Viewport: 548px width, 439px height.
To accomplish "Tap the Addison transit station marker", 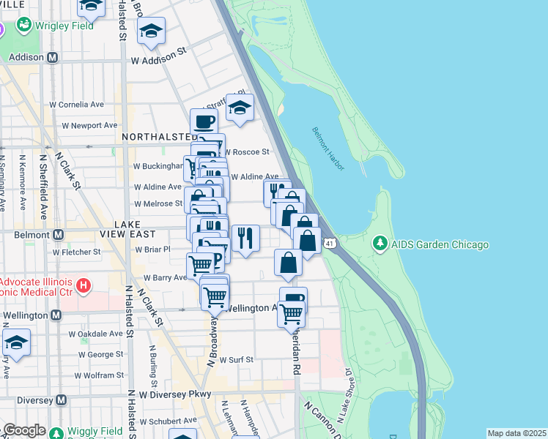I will (52, 57).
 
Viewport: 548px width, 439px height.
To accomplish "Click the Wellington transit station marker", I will (56, 315).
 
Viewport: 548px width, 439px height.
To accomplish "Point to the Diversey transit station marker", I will (62, 400).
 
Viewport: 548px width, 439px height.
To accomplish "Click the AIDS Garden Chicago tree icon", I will (379, 242).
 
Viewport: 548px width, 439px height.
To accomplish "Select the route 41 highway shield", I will (331, 242).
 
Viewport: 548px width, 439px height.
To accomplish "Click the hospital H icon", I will (84, 283).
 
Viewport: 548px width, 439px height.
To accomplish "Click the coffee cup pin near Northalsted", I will (204, 121).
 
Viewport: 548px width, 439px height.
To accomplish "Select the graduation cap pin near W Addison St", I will (152, 30).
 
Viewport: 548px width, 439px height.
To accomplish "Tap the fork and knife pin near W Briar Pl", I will (245, 236).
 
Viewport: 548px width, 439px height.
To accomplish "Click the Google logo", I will (24, 430).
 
